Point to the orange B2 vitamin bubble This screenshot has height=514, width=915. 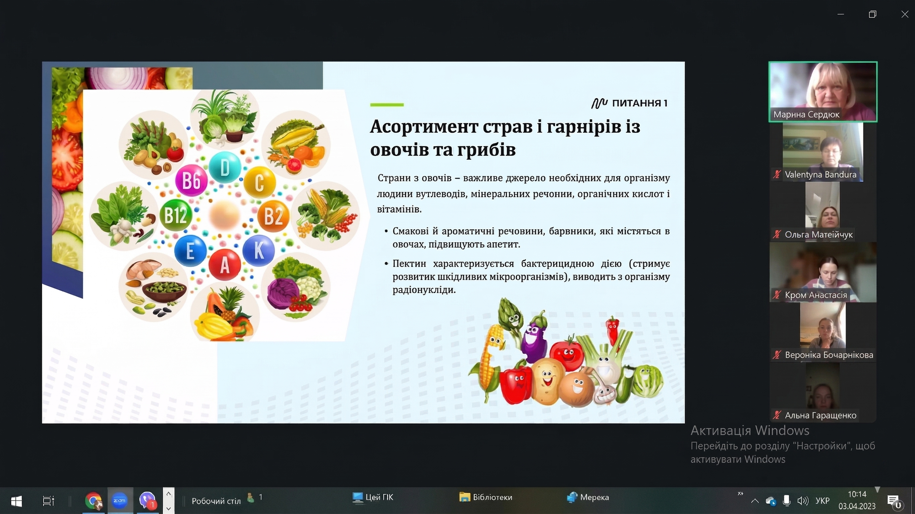tap(273, 216)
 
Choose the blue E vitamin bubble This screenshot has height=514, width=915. tap(190, 251)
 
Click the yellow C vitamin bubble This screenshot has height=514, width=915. tap(260, 182)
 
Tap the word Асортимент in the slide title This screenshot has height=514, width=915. tap(424, 126)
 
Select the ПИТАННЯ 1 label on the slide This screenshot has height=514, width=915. tap(629, 103)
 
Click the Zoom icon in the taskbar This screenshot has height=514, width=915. tap(119, 501)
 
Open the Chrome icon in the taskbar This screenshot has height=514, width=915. tap(94, 501)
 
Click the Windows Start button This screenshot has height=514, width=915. tap(16, 501)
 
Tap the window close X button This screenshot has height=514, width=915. tap(905, 14)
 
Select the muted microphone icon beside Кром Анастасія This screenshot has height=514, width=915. tap(777, 295)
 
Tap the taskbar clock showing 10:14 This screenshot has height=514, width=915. tap(857, 495)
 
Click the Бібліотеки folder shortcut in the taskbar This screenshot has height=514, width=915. tap(486, 497)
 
